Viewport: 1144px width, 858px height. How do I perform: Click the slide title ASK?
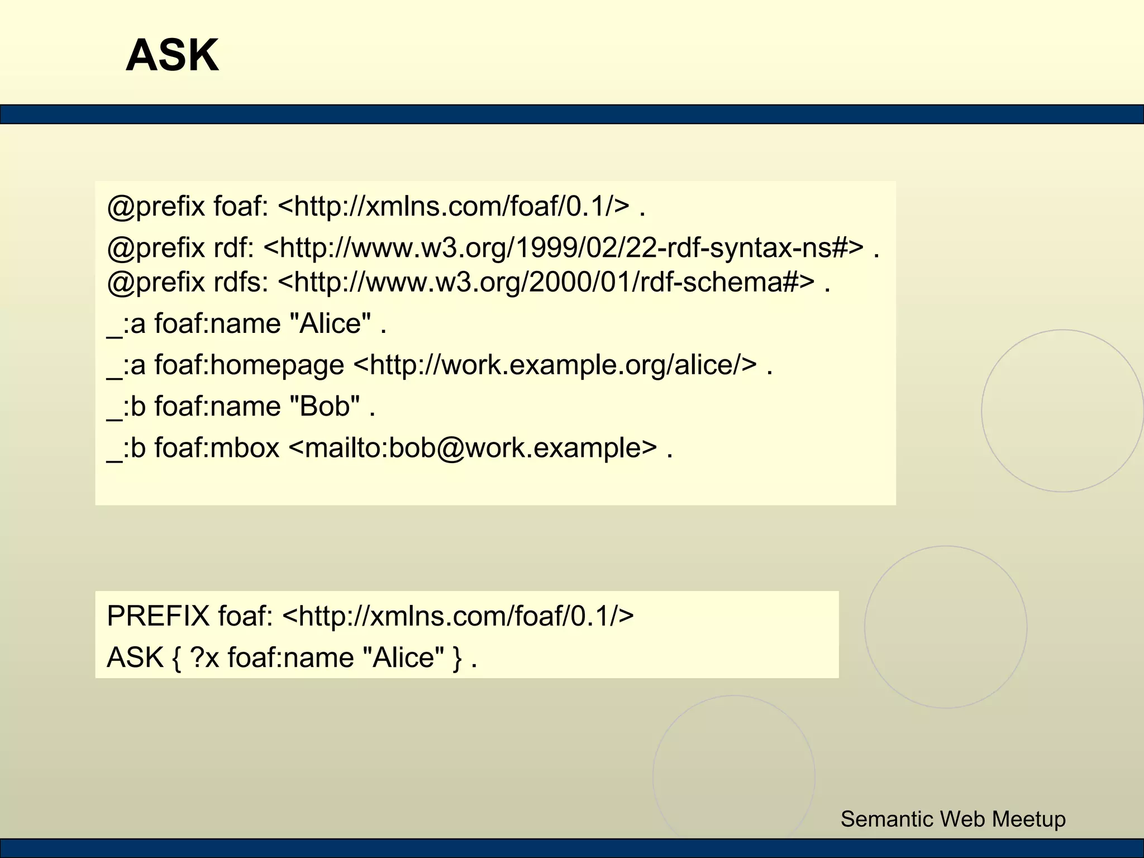click(172, 55)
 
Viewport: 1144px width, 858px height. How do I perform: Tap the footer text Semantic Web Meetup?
click(953, 819)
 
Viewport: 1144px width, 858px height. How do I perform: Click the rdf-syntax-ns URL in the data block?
click(563, 247)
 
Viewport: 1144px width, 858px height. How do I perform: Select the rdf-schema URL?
click(546, 282)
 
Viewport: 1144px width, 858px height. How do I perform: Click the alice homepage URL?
click(555, 365)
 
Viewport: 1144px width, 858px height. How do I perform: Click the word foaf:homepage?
click(249, 365)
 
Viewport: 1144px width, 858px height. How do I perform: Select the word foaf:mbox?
click(217, 448)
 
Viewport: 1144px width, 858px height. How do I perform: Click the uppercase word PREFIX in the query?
click(158, 616)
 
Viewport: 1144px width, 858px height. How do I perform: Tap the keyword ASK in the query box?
click(135, 657)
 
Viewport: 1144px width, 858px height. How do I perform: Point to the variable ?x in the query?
click(204, 657)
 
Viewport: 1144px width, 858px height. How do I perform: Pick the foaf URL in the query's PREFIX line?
click(458, 616)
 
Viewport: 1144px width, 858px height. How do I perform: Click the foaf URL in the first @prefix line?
click(453, 206)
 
